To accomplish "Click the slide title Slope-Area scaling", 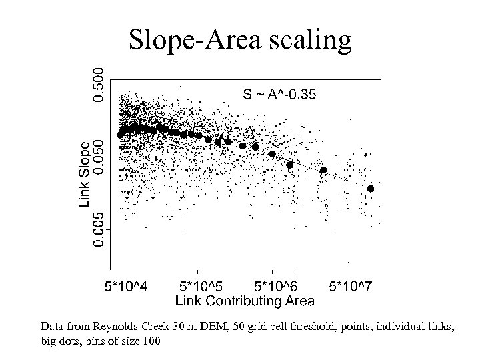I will (x=239, y=41).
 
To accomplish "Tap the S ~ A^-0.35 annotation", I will (x=279, y=95).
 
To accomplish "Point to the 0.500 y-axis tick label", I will (x=98, y=82).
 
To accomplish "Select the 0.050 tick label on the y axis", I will (x=98, y=157).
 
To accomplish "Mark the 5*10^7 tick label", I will (x=351, y=287).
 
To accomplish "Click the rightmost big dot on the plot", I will (x=371, y=189).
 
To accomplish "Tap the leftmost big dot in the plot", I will (x=120, y=135).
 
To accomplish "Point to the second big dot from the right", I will (x=323, y=170).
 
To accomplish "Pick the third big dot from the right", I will (x=289, y=165).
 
